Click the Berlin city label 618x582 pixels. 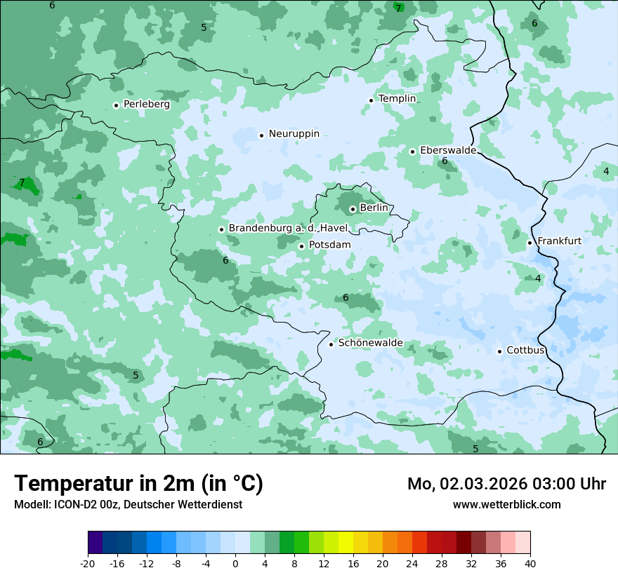tap(374, 208)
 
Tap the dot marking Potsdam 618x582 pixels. tap(301, 246)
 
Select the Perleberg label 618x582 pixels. tap(146, 104)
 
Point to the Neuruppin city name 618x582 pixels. tap(294, 134)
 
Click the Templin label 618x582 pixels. tap(397, 99)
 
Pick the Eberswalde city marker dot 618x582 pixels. tap(412, 151)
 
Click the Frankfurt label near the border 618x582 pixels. tap(559, 241)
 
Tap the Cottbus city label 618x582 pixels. tap(525, 350)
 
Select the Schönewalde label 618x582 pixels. tap(370, 343)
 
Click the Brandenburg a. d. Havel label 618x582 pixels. tap(288, 229)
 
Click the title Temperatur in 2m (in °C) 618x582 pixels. tap(138, 483)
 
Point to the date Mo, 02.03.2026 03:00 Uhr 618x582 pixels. tap(506, 484)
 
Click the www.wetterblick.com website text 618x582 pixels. tap(506, 504)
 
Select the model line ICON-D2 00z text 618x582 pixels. tap(128, 504)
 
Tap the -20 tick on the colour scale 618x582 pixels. tap(88, 564)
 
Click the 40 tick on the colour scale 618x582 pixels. tap(530, 564)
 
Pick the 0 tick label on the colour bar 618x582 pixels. tap(235, 564)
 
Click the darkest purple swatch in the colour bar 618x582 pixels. tap(96, 543)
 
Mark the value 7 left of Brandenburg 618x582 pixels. tap(22, 182)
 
